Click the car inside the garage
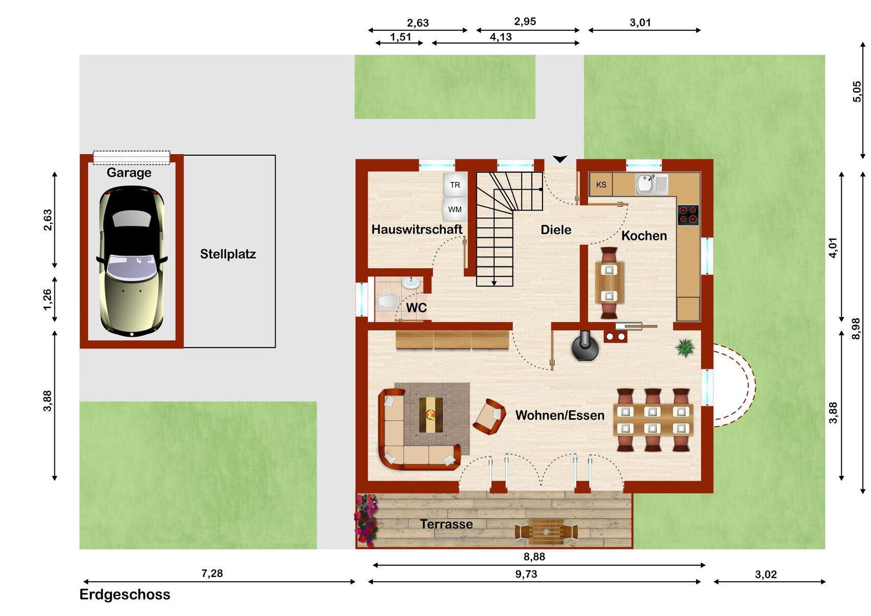click(x=132, y=261)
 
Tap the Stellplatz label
click(x=228, y=254)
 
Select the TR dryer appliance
click(x=455, y=184)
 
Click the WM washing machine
click(x=455, y=209)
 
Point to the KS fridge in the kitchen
click(x=601, y=184)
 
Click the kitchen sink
click(x=652, y=184)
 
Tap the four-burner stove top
click(x=688, y=215)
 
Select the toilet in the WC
click(x=388, y=301)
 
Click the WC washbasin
click(x=411, y=283)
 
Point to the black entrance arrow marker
click(x=559, y=159)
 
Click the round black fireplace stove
click(x=585, y=346)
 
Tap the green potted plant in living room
click(x=685, y=347)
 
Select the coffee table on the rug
click(x=431, y=415)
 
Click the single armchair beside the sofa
click(x=489, y=417)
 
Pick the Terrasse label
click(x=446, y=524)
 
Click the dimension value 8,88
click(x=534, y=557)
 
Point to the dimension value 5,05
click(x=857, y=92)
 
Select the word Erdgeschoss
click(x=125, y=594)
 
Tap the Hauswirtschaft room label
click(x=417, y=229)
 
